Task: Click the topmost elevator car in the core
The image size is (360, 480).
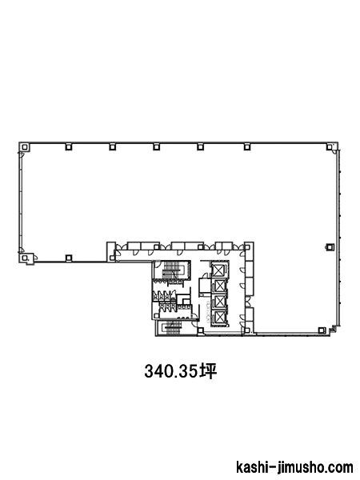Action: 219,270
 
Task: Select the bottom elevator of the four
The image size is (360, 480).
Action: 219,317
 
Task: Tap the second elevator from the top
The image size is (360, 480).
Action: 219,286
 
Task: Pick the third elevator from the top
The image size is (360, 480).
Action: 219,302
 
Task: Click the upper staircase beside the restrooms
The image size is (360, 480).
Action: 173,270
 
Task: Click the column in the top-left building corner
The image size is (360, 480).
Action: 24,147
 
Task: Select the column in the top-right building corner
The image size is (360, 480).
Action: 329,147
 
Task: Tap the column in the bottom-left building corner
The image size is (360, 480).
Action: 24,258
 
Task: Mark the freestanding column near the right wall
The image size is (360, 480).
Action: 330,246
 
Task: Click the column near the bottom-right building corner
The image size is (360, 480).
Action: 321,330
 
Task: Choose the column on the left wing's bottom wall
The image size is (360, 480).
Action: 69,258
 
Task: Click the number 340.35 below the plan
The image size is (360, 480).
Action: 170,371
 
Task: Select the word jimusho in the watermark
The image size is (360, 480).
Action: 294,468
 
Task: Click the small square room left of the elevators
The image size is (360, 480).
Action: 205,286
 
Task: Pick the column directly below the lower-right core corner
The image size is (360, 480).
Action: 246,330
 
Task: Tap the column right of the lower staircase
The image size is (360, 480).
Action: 200,330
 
